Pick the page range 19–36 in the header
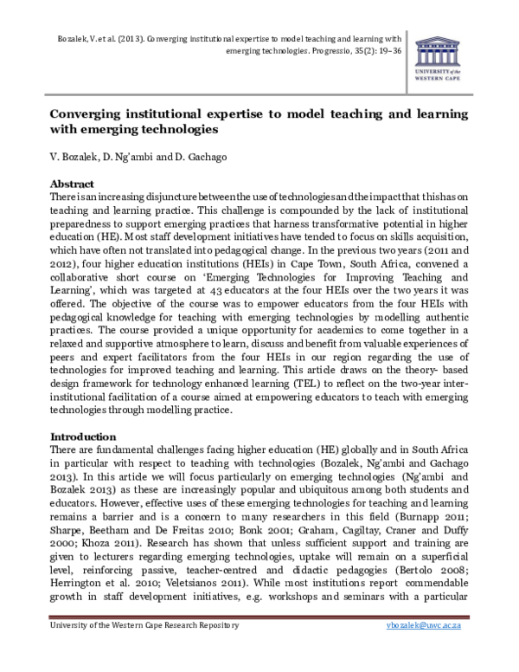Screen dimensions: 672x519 pos(387,51)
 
